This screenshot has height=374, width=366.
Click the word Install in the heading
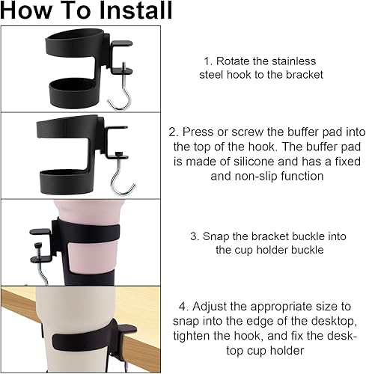(135, 10)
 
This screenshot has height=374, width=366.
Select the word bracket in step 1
(305, 75)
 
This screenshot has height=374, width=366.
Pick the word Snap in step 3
(216, 236)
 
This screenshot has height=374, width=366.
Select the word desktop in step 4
(334, 321)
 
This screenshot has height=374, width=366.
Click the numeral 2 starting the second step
(172, 132)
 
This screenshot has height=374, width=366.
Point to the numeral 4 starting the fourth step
(182, 307)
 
